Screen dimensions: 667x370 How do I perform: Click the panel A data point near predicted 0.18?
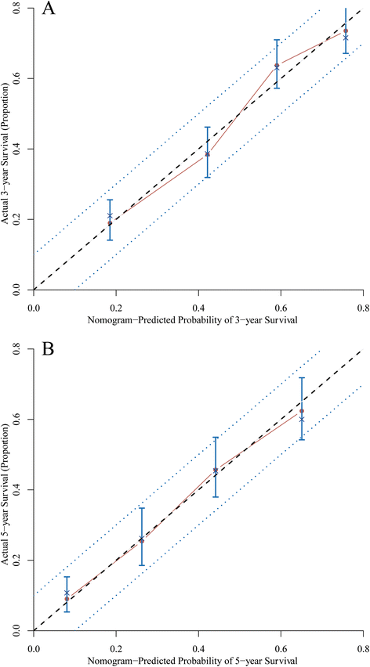coord(110,223)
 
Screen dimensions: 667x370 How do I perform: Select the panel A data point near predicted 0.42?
coord(207,154)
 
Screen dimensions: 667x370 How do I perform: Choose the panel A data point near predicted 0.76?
coord(346,31)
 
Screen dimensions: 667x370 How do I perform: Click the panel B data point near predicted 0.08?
coord(67,599)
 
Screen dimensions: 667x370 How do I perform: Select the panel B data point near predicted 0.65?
coord(302,411)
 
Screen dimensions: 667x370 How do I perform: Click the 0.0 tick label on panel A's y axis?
coord(17,290)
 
